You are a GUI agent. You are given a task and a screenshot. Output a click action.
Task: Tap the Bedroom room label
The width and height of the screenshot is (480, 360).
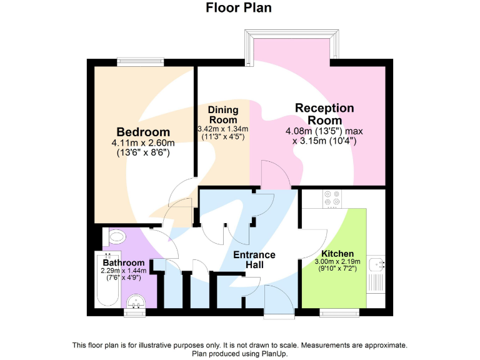[x=143, y=132]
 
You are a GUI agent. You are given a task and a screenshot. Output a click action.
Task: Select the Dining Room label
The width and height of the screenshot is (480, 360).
[x=223, y=115]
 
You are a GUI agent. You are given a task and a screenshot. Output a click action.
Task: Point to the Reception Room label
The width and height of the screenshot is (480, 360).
[x=324, y=114]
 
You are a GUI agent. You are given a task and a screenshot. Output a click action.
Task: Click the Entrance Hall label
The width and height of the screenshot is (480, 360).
[x=254, y=259]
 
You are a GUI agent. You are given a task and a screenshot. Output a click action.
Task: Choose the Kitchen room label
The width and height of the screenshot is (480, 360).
[x=337, y=254]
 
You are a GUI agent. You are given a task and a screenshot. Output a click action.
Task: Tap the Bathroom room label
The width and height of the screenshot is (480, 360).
[x=124, y=262]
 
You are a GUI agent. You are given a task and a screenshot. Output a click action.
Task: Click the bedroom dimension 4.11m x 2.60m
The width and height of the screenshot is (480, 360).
[x=143, y=143]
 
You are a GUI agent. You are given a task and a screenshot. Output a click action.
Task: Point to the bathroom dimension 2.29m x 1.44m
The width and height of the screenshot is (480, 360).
[x=124, y=271]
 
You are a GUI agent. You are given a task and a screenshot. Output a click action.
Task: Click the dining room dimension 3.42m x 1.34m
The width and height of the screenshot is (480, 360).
[x=223, y=129]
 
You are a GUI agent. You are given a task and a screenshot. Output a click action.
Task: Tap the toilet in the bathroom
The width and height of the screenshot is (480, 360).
[x=116, y=238]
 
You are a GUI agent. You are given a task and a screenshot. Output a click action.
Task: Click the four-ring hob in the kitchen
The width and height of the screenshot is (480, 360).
[x=332, y=198]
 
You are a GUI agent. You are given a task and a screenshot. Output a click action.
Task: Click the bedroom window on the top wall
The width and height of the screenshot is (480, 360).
[x=141, y=62]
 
